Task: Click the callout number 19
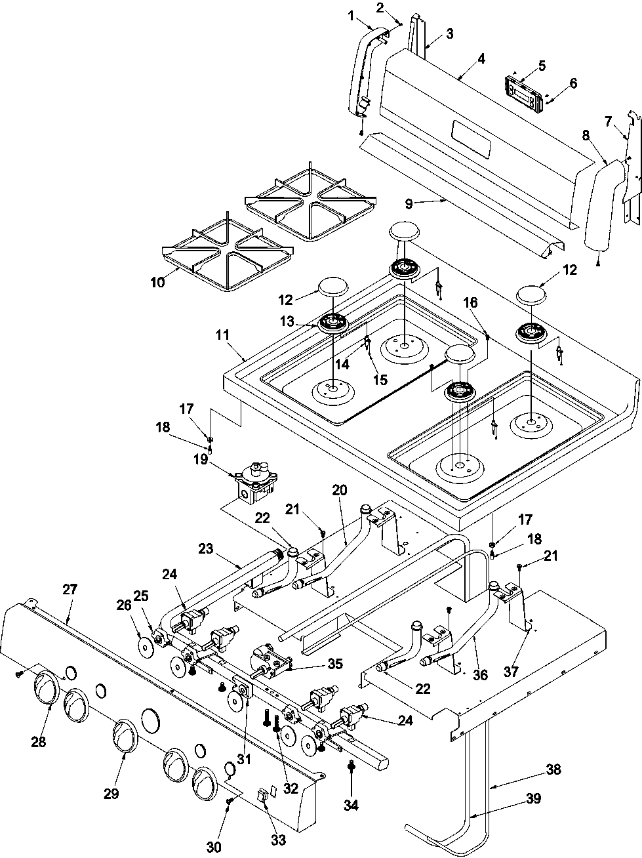(201, 459)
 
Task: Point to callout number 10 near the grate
(158, 282)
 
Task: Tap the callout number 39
(533, 798)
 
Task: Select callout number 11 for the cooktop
(222, 335)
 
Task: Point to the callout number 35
(335, 663)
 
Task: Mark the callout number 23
(205, 548)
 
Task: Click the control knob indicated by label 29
(125, 736)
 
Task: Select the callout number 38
(553, 769)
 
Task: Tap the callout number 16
(470, 302)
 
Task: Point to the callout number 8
(586, 136)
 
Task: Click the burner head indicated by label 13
(332, 323)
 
